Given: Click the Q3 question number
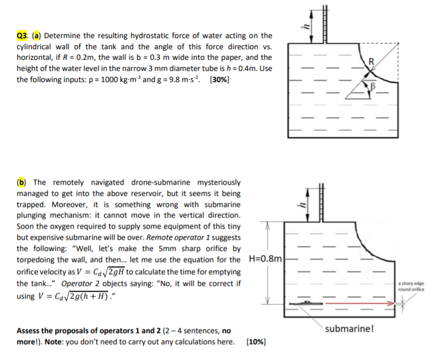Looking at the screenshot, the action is pyautogui.click(x=23, y=36).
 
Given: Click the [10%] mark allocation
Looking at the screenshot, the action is pyautogui.click(x=256, y=341).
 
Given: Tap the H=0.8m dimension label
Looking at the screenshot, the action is pyautogui.click(x=267, y=258).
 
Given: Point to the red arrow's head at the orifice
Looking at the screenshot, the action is pyautogui.click(x=393, y=304).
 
